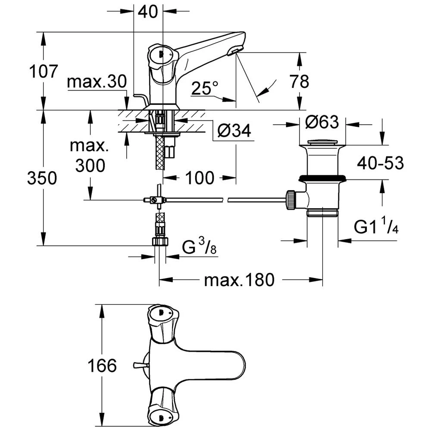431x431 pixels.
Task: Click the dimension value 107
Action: (43, 71)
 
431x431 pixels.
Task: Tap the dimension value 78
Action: (299, 81)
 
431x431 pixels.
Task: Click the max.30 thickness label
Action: (97, 81)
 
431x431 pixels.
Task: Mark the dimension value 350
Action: (42, 178)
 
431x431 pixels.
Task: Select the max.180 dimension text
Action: (239, 281)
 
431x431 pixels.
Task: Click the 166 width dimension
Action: (102, 366)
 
